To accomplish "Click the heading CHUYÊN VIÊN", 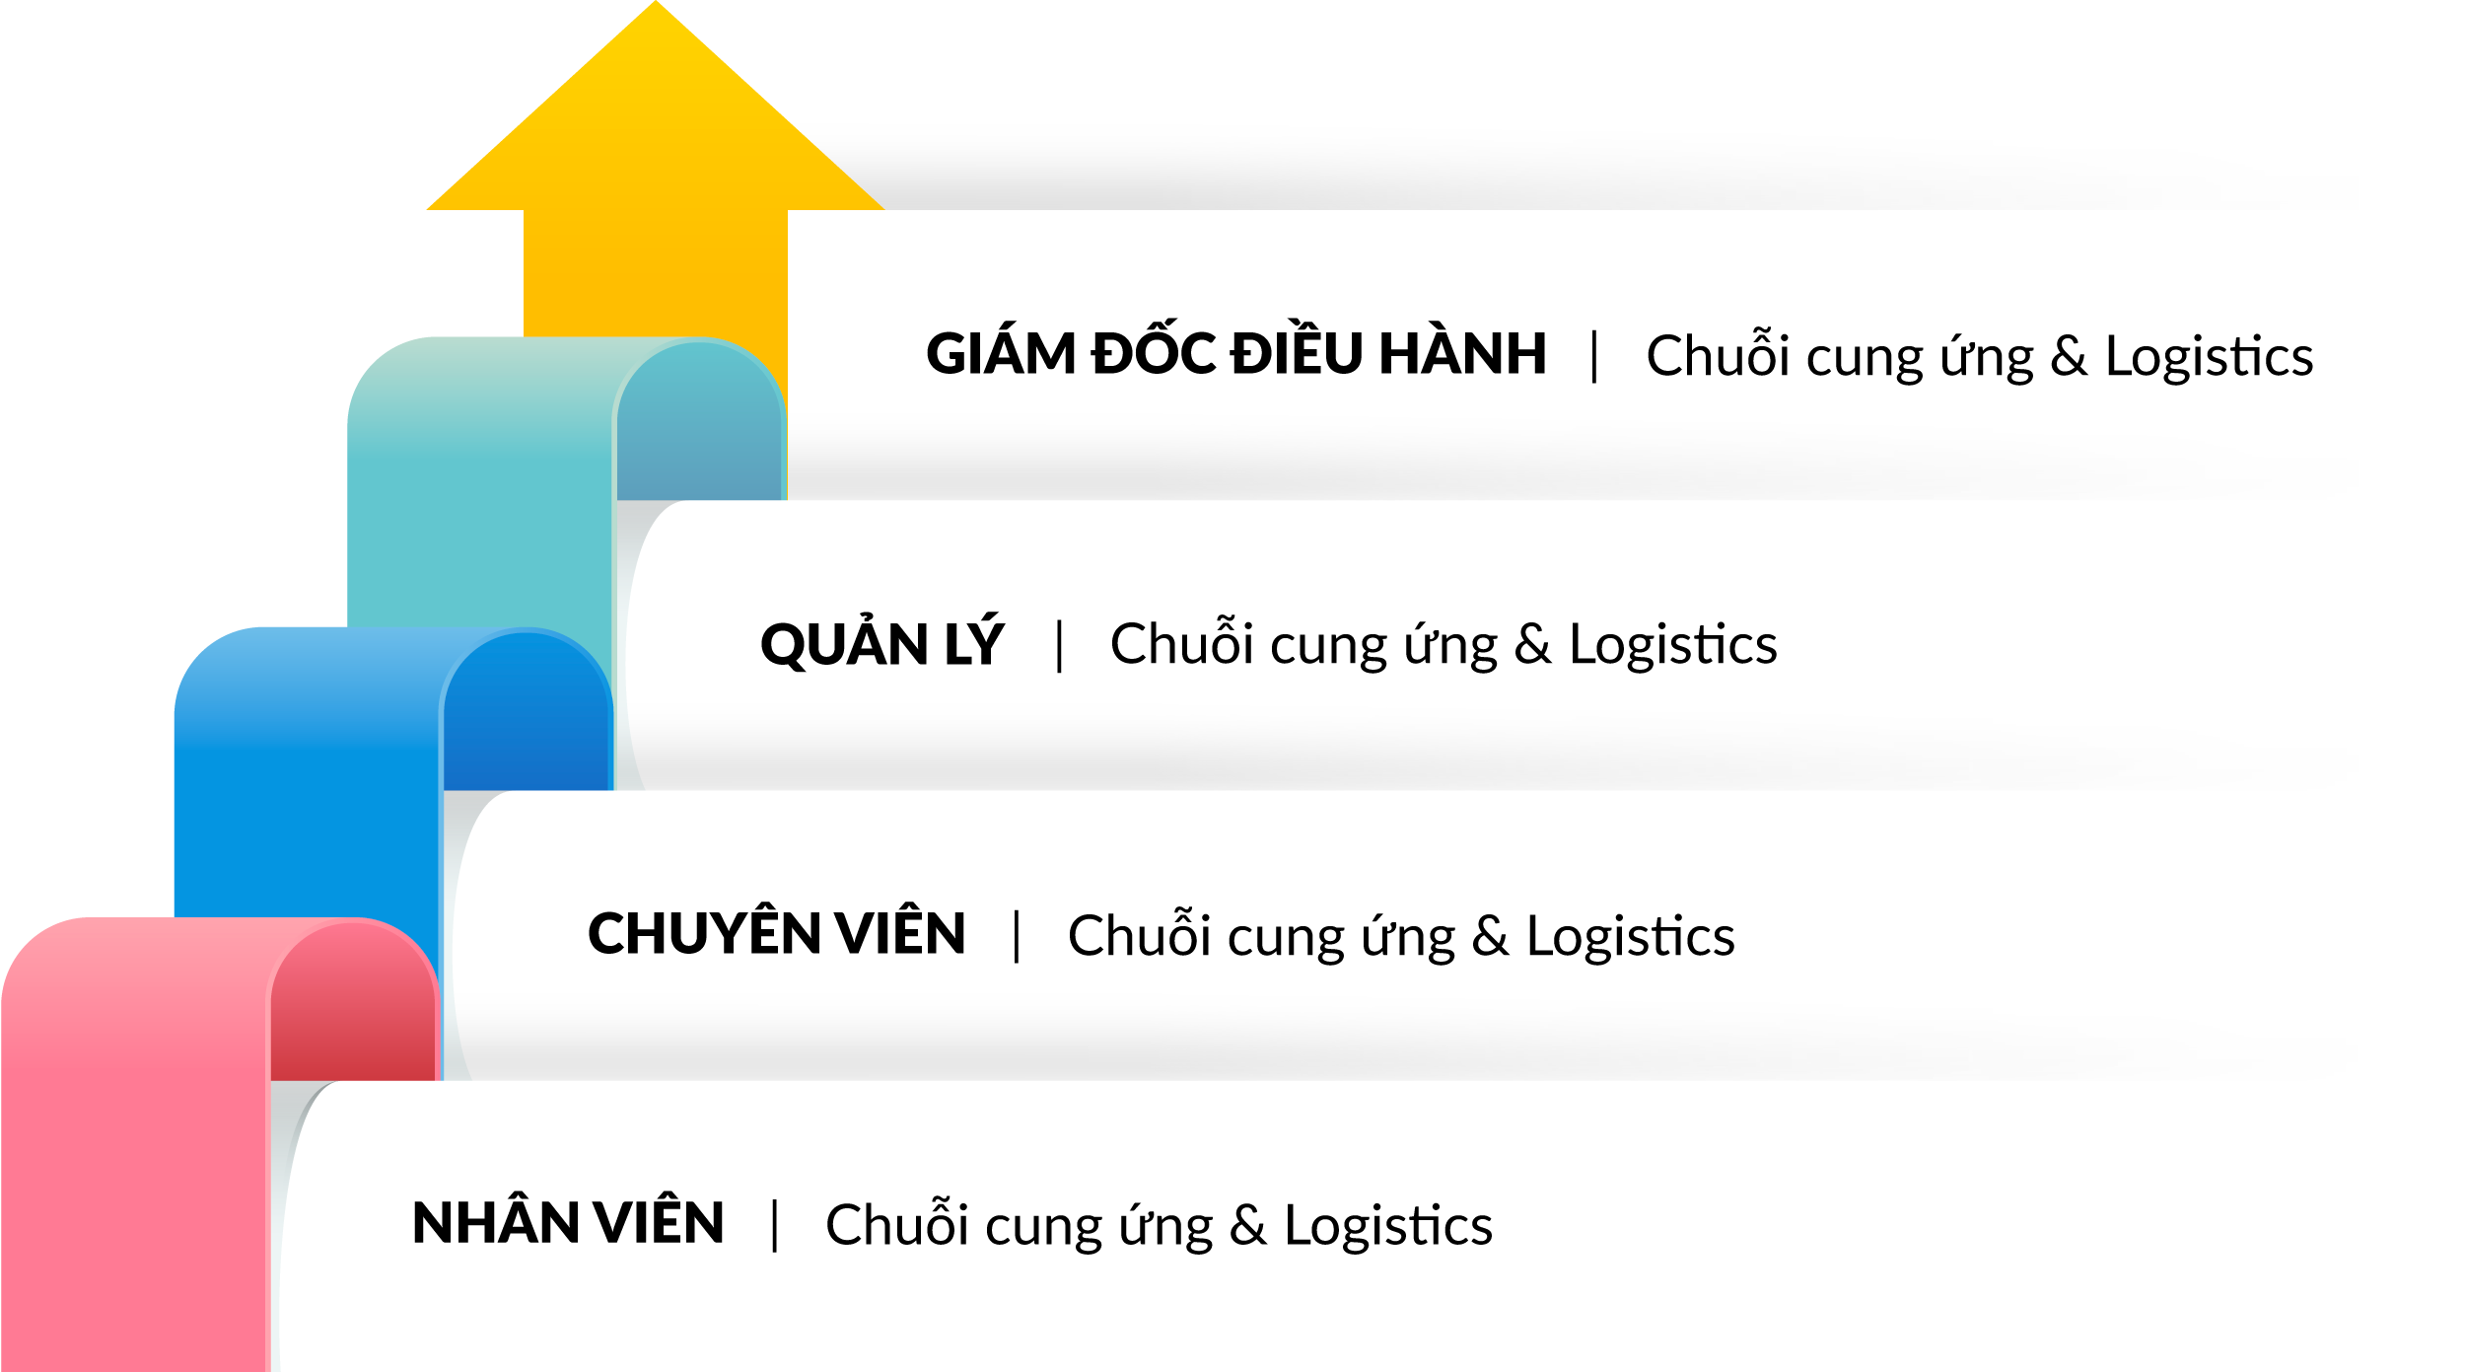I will pyautogui.click(x=776, y=933).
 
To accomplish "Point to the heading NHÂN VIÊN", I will pyautogui.click(x=568, y=1223).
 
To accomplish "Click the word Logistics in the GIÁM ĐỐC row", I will pyautogui.click(x=2209, y=356).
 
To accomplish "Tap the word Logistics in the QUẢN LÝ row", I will pyautogui.click(x=1672, y=645).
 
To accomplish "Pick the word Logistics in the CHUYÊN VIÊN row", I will pyautogui.click(x=1630, y=936).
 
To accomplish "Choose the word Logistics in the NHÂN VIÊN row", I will pyautogui.click(x=1387, y=1226).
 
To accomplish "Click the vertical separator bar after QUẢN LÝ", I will pyautogui.click(x=1059, y=645).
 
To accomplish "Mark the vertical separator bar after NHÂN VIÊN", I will pyautogui.click(x=775, y=1225).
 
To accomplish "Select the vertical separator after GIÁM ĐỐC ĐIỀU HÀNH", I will pyautogui.click(x=1594, y=356).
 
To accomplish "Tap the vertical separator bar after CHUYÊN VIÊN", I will pyautogui.click(x=1017, y=935).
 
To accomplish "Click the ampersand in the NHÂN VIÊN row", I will pyautogui.click(x=1247, y=1226).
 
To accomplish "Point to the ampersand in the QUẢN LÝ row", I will pyautogui.click(x=1532, y=645).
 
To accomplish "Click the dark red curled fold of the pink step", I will pyautogui.click(x=353, y=1006).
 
